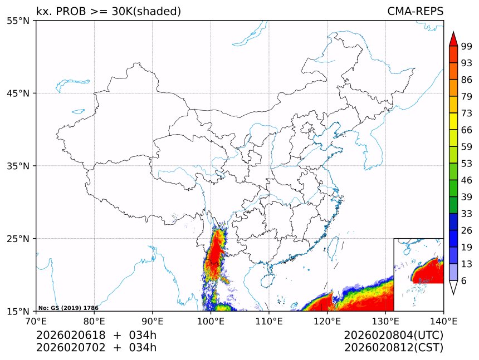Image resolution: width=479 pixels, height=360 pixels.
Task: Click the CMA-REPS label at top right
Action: pos(416,12)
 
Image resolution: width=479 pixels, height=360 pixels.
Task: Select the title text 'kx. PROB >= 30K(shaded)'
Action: pos(109,12)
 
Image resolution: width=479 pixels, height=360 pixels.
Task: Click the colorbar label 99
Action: pos(467,46)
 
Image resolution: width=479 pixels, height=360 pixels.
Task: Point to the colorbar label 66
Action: pos(467,130)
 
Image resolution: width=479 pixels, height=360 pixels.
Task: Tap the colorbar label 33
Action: pos(467,213)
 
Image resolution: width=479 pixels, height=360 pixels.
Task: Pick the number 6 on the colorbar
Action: pos(463,280)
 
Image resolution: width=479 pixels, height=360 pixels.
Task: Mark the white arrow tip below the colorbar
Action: pos(453,288)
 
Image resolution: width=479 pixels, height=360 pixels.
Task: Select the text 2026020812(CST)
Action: pos(394,348)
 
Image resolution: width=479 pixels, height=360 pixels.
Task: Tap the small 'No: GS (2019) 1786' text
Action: pos(69,308)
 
